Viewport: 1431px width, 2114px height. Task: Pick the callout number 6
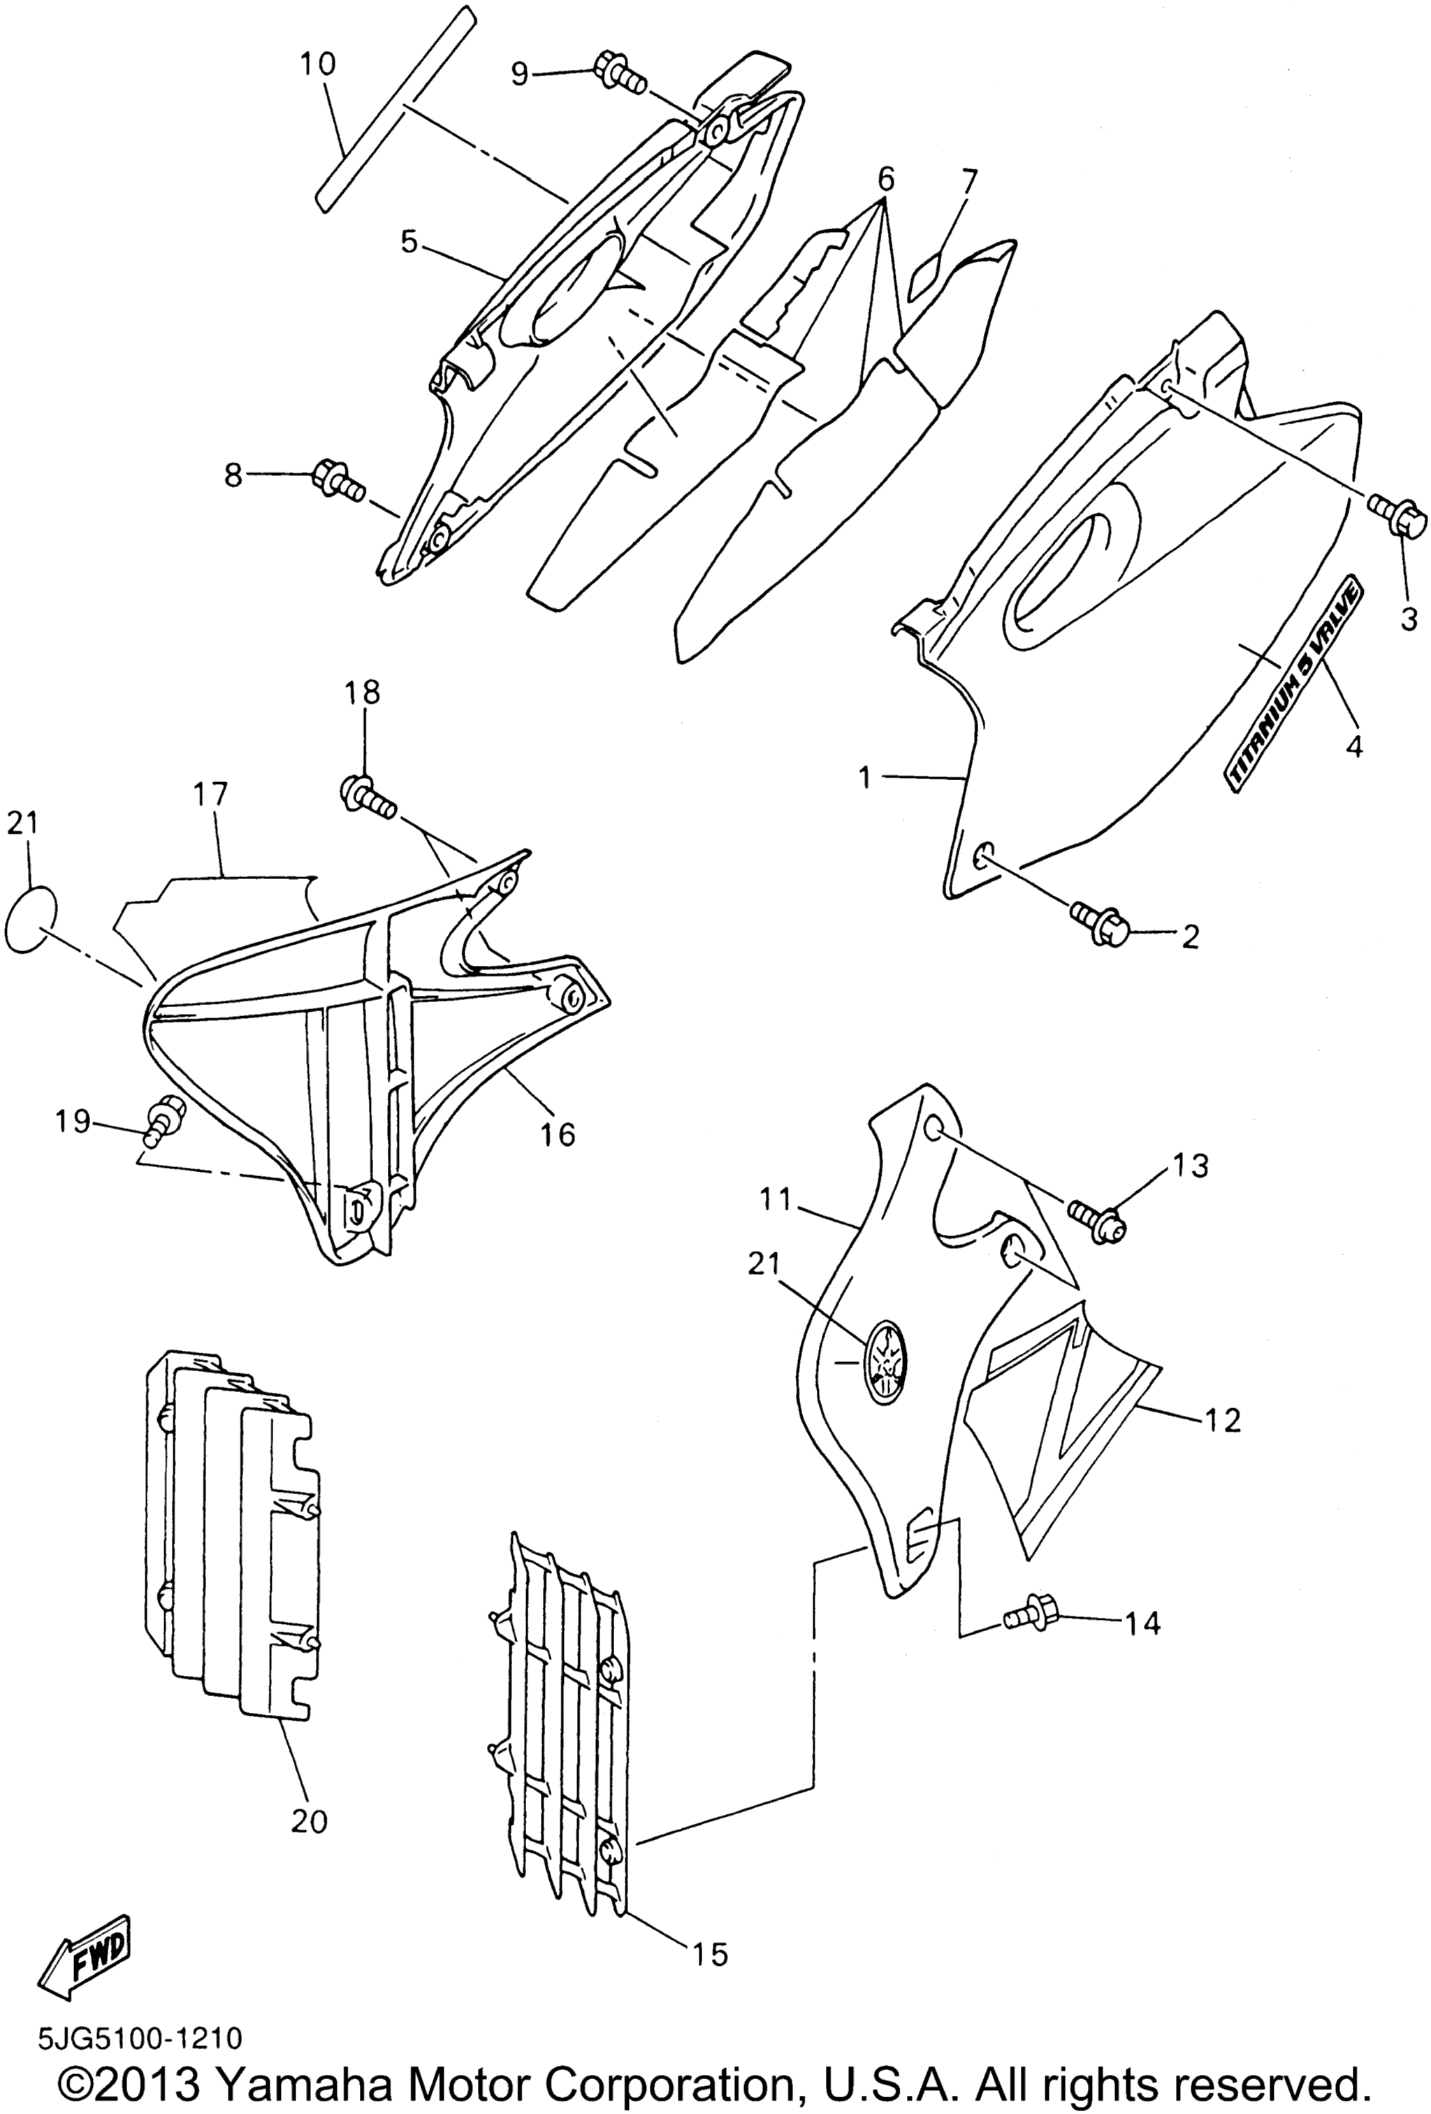tap(885, 179)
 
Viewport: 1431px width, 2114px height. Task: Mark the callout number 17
tap(210, 793)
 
